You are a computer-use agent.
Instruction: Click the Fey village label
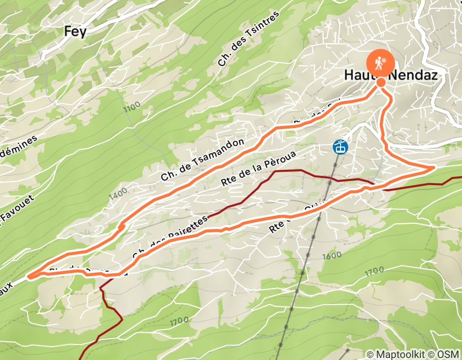point(75,31)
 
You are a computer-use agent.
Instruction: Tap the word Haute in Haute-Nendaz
point(359,76)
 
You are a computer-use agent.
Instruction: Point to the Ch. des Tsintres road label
point(248,39)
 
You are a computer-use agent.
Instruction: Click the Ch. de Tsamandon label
point(202,160)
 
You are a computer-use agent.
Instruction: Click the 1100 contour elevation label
point(132,107)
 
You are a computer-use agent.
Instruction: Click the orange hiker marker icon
point(381,62)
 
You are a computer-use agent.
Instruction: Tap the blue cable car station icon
point(341,147)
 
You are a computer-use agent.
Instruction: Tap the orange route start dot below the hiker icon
point(381,82)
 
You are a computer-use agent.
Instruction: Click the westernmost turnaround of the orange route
point(30,276)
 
